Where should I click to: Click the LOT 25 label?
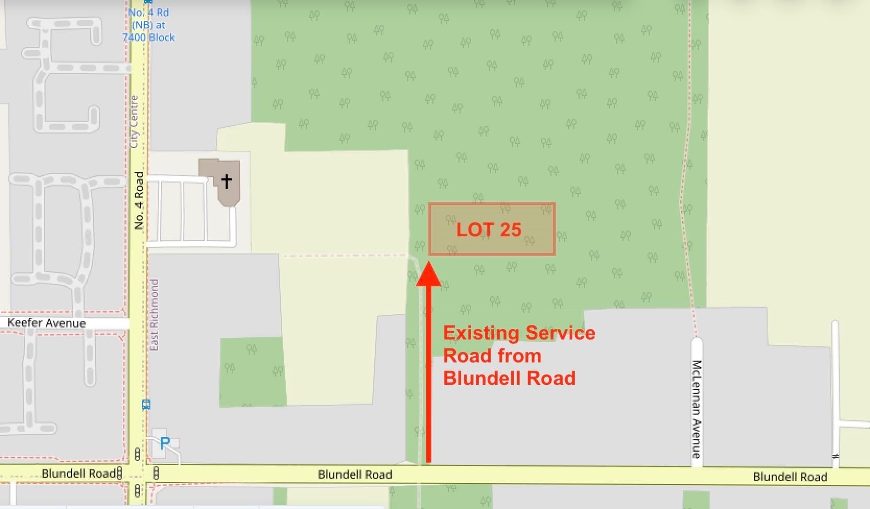click(489, 229)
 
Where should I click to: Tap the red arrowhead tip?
click(429, 263)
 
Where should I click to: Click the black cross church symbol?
click(226, 181)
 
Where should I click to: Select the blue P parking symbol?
click(165, 443)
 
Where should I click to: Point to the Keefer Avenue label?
click(46, 323)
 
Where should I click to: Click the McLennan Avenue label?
click(696, 409)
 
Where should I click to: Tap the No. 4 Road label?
click(139, 201)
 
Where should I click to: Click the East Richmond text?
click(154, 314)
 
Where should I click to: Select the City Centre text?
click(134, 122)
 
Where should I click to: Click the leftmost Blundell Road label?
click(78, 474)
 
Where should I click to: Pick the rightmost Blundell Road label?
click(790, 477)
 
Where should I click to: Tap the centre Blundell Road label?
click(355, 475)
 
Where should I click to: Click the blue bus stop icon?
click(146, 404)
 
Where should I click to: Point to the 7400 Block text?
click(149, 38)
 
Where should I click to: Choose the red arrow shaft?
click(429, 375)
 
